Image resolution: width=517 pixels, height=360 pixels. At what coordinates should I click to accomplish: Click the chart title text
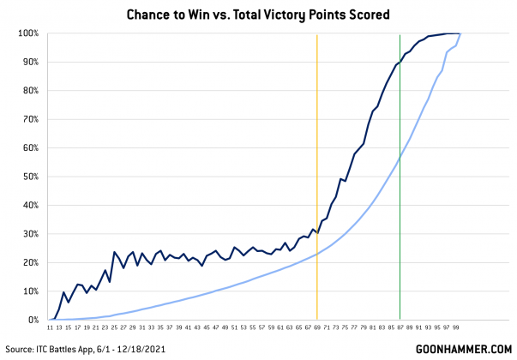pyautogui.click(x=258, y=15)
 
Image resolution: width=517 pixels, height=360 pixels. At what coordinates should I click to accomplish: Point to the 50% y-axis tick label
pyautogui.click(x=28, y=177)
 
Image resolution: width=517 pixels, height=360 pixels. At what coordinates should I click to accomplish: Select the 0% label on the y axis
pyautogui.click(x=31, y=320)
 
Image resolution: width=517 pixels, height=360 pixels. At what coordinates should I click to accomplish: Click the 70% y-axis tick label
pyautogui.click(x=28, y=119)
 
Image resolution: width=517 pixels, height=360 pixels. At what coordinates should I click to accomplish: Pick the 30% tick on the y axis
pyautogui.click(x=28, y=234)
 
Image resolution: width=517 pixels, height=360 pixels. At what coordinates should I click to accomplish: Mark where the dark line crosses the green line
pyautogui.click(x=400, y=61)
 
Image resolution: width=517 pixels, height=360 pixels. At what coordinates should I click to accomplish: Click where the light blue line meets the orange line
pyautogui.click(x=317, y=254)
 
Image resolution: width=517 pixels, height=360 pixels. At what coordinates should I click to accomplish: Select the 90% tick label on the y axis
pyautogui.click(x=28, y=62)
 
